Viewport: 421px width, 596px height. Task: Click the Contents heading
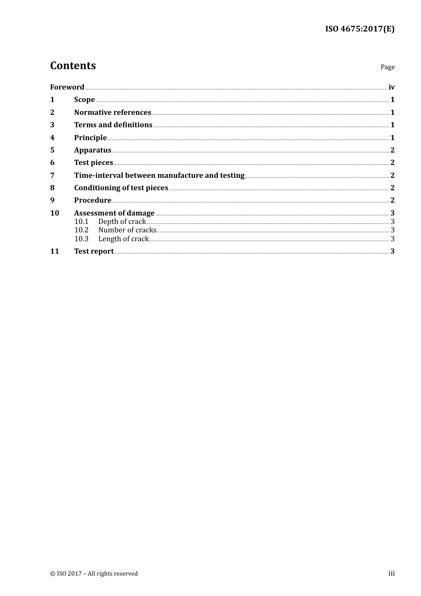[x=73, y=66]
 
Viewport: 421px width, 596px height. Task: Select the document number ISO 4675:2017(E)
[x=360, y=29]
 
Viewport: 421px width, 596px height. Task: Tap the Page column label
[x=387, y=67]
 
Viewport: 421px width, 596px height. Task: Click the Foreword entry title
[x=67, y=87]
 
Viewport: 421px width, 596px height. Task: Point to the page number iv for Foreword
[x=391, y=87]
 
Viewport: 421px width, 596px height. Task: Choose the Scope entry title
[x=84, y=100]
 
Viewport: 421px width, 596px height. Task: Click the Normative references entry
[x=113, y=113]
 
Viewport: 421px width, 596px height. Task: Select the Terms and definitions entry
[x=113, y=125]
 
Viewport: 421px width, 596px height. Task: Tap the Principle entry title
[x=90, y=137]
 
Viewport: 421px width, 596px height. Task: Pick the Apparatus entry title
[x=93, y=150]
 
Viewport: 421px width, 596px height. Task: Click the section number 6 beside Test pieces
[x=52, y=163]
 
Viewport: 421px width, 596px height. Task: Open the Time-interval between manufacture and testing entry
[x=159, y=176]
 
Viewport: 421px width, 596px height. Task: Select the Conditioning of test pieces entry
[x=121, y=188]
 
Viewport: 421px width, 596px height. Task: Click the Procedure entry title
[x=93, y=200]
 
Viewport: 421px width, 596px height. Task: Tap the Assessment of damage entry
[x=114, y=213]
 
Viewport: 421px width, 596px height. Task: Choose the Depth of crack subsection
[x=122, y=222]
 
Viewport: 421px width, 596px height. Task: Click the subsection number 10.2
[x=82, y=230]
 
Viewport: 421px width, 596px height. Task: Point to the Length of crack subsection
[x=123, y=239]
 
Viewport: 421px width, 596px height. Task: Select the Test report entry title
[x=94, y=251]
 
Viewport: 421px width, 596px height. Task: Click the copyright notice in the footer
[x=94, y=574]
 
